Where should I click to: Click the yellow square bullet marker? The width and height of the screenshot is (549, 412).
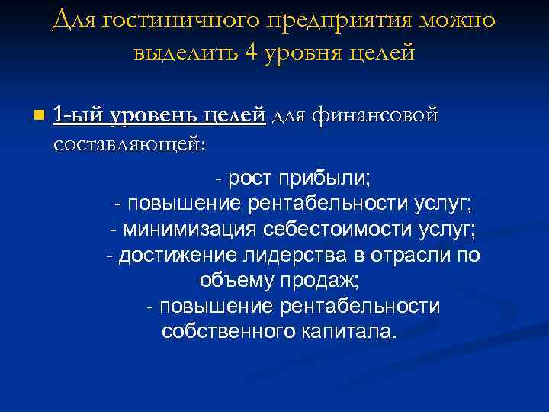[39, 117]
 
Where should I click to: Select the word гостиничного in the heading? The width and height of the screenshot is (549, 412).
[173, 21]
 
